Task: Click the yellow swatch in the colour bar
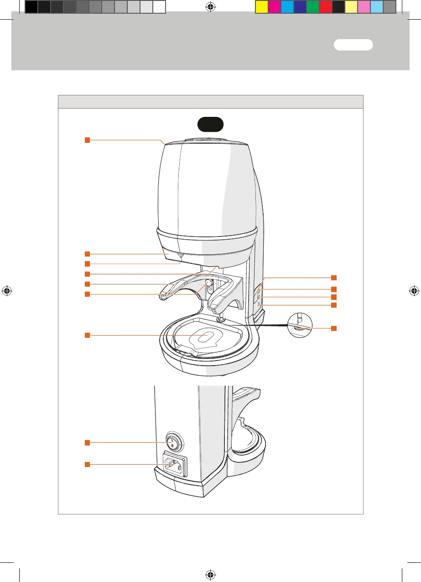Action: coord(261,7)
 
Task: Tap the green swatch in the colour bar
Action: coord(312,7)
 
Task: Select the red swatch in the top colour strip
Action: coord(325,7)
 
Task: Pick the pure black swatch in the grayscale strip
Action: coord(31,7)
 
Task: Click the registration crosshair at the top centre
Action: coord(210,6)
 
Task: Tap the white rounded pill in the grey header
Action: coord(353,45)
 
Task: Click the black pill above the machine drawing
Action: coord(210,124)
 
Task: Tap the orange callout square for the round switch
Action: coord(87,442)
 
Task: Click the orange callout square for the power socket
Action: coord(87,464)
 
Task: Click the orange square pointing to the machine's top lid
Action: coord(87,140)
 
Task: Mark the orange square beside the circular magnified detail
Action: coord(334,328)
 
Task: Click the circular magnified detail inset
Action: coord(300,325)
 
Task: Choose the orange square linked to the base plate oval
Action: coord(87,336)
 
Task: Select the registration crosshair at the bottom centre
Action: coord(210,573)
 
